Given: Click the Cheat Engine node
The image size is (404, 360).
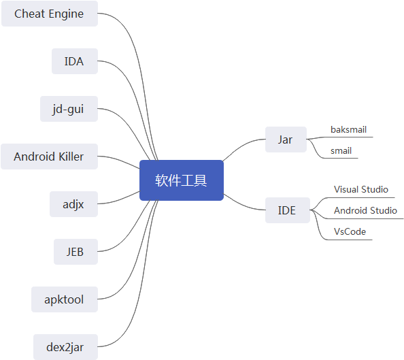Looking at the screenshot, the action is [x=50, y=14].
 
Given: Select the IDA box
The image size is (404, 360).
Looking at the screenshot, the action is [x=75, y=61].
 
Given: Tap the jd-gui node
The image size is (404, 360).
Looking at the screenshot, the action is [x=69, y=109].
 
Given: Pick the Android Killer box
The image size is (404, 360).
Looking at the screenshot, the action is [x=49, y=157].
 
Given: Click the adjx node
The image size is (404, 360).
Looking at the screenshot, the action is [x=73, y=204].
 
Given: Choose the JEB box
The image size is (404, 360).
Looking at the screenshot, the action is [x=75, y=252].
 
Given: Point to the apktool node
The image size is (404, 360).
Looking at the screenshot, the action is [x=65, y=299].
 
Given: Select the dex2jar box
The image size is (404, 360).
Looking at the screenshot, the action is [x=66, y=347].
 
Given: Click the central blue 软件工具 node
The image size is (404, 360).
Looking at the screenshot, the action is [x=182, y=180].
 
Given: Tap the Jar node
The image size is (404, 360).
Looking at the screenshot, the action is [x=286, y=140].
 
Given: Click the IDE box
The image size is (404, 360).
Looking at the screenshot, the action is [x=288, y=210].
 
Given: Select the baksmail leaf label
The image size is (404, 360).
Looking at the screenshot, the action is [x=349, y=129].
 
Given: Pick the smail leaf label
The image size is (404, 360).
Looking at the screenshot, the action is [x=341, y=150].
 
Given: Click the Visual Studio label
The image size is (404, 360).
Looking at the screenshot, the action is [x=361, y=189].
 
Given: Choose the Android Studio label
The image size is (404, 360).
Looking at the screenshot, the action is [x=365, y=210].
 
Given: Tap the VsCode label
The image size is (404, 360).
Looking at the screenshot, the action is [x=350, y=231].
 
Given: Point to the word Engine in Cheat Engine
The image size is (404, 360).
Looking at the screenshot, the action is [x=66, y=14].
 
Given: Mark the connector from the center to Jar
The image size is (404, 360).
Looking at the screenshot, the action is [x=242, y=146].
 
